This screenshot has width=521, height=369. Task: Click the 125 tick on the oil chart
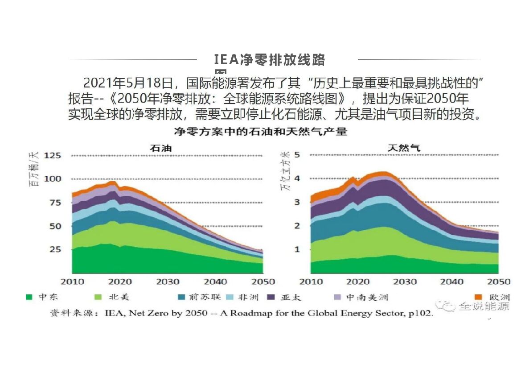click(x=53, y=155)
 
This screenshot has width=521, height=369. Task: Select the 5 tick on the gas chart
click(x=297, y=155)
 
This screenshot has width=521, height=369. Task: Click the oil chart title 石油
click(x=160, y=148)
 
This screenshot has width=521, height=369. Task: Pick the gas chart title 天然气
click(x=404, y=148)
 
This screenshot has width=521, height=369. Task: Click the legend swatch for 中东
click(x=30, y=297)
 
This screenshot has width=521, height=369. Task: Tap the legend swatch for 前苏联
click(x=181, y=297)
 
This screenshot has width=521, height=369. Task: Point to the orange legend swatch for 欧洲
click(x=478, y=297)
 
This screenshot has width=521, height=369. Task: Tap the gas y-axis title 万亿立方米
click(x=285, y=171)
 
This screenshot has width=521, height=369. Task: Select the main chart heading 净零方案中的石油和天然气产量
click(x=260, y=132)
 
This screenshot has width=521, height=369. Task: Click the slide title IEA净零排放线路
click(x=269, y=59)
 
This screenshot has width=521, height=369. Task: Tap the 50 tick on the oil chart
click(x=55, y=226)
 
